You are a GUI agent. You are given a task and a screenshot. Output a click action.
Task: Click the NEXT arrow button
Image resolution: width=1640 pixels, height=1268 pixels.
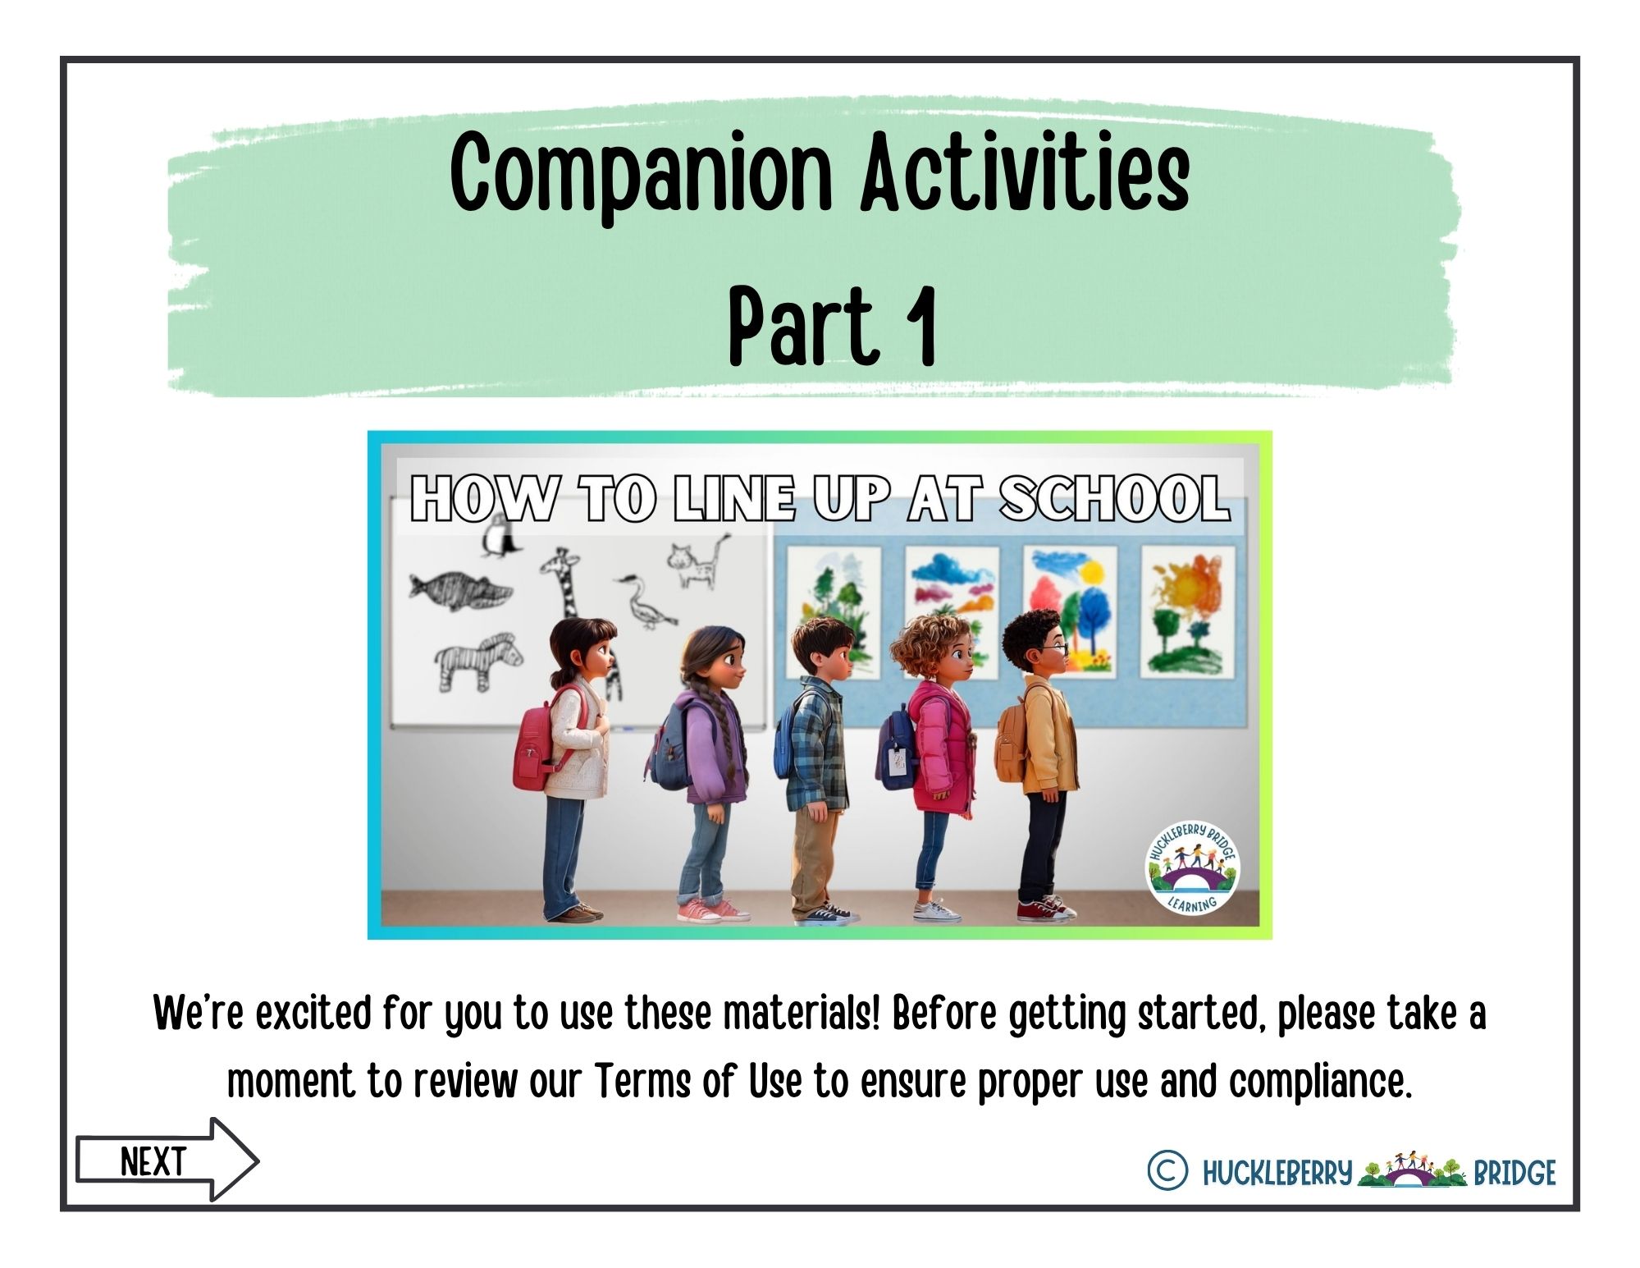coord(167,1160)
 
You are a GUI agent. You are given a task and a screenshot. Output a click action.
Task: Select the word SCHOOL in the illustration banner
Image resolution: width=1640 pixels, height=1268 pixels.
coord(1114,498)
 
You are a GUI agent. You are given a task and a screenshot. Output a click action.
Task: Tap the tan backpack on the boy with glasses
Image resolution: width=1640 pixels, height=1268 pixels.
coord(1011,738)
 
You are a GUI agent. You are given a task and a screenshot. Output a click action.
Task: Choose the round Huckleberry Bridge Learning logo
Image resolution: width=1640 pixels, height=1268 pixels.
coord(1192,867)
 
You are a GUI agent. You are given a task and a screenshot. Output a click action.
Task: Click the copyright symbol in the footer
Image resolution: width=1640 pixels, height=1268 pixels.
coord(1167,1170)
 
